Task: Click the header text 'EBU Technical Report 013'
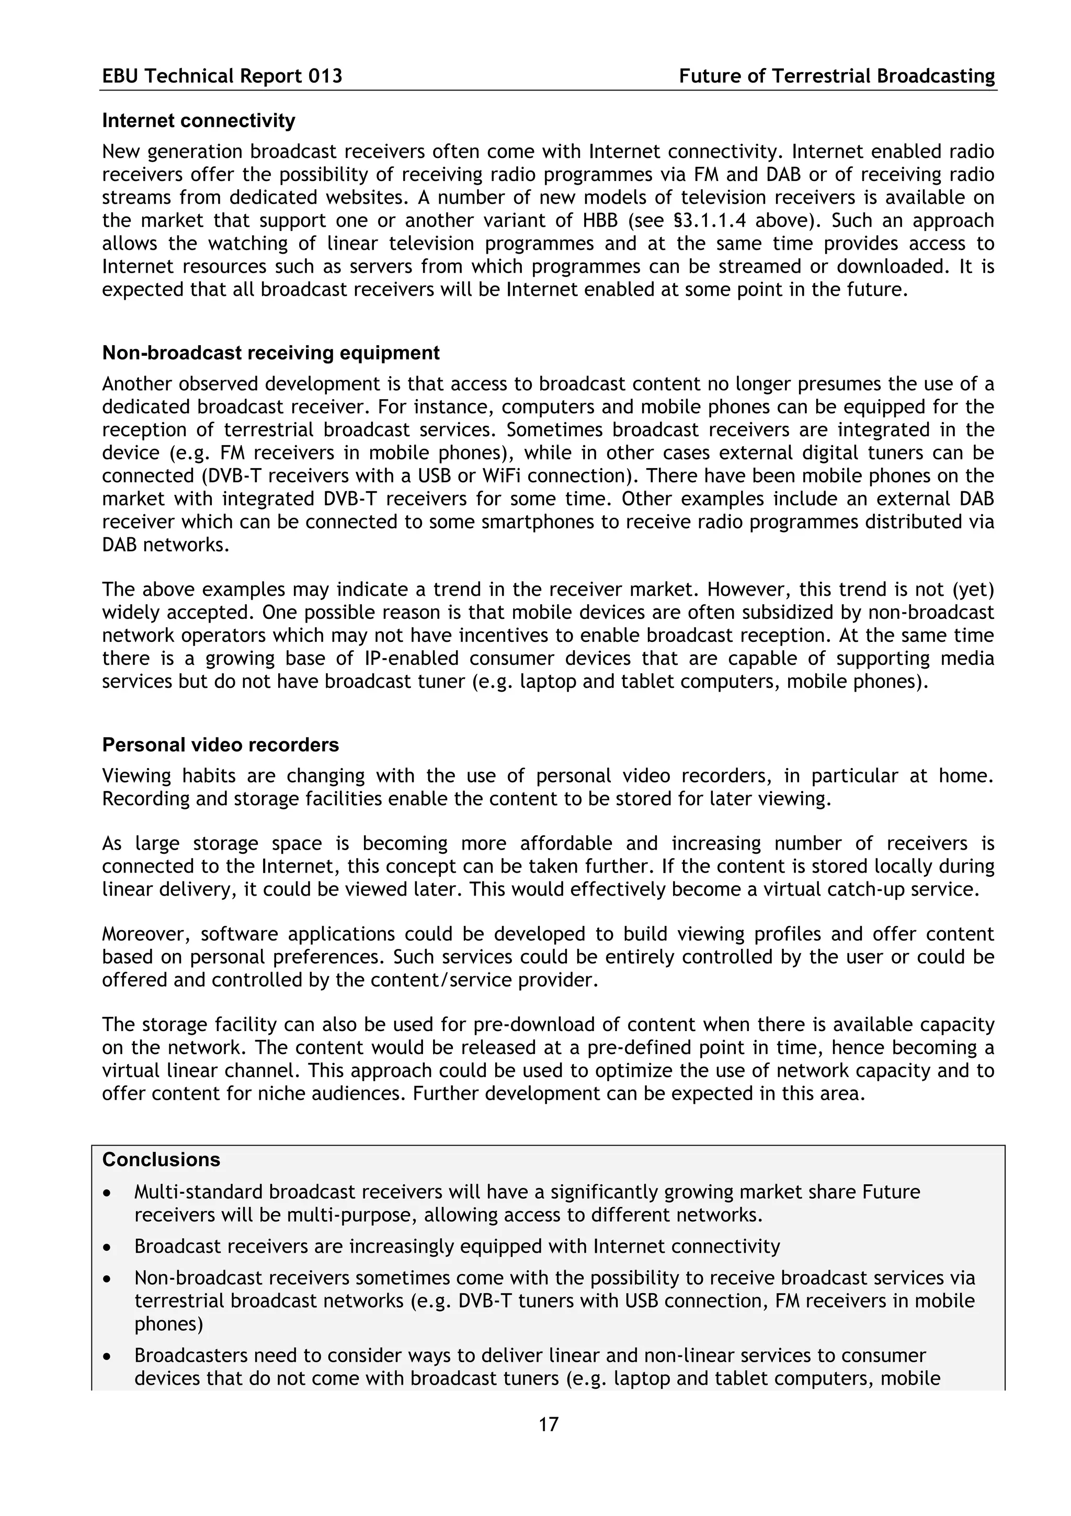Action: tap(222, 76)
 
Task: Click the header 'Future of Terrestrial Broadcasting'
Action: tap(837, 76)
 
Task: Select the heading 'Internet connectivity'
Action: tap(199, 121)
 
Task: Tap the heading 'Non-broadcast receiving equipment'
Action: tap(270, 353)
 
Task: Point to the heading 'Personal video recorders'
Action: tap(220, 745)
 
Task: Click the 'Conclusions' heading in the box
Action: tap(161, 1159)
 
